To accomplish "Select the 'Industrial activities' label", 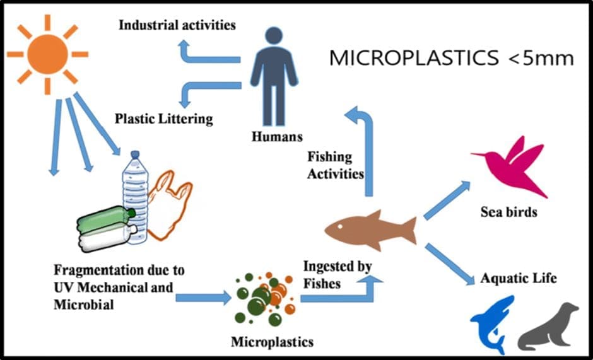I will (x=177, y=26).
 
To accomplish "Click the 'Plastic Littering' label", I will (x=163, y=118).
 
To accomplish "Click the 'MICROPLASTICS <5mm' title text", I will (x=451, y=59).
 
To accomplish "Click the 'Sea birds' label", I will (x=508, y=212).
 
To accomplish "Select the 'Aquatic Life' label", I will (x=519, y=277).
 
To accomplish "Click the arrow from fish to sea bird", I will (x=447, y=200).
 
